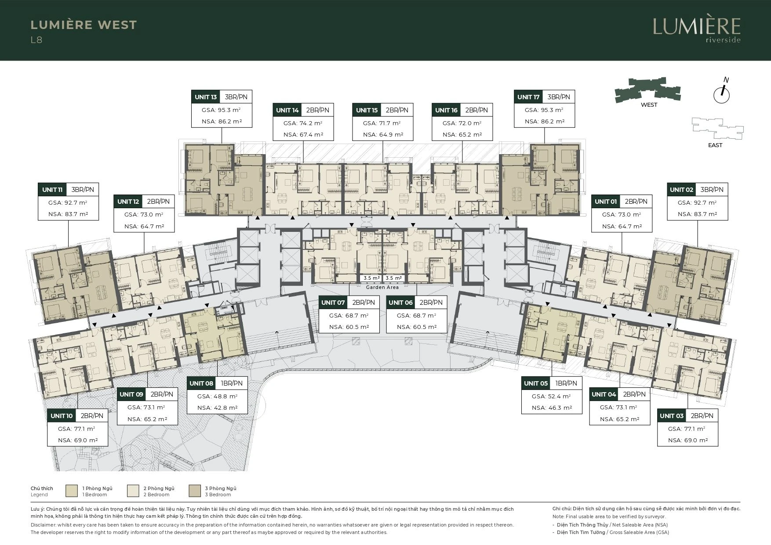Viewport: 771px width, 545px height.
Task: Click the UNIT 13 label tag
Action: [x=206, y=97]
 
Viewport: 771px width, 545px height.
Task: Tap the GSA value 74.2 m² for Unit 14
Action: [x=303, y=123]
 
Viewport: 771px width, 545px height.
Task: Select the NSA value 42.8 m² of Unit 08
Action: [x=218, y=408]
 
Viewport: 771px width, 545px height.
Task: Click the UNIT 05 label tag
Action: [x=536, y=383]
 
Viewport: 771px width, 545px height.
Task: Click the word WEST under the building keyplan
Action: [x=649, y=105]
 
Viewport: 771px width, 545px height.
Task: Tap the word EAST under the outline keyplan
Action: [x=715, y=145]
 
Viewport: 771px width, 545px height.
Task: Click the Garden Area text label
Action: [x=382, y=287]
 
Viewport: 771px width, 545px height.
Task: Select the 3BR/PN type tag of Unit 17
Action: [x=559, y=97]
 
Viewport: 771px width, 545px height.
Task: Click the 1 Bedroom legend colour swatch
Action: [x=72, y=491]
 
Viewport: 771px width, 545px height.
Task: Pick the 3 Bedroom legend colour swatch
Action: [x=195, y=491]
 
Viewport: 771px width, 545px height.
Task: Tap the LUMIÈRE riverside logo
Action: [x=697, y=30]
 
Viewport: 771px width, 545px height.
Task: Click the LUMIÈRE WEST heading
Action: [x=84, y=25]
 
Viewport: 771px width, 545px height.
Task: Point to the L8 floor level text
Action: [x=36, y=40]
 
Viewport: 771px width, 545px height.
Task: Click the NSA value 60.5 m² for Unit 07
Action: [x=349, y=327]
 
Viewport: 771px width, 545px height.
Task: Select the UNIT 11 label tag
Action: [x=52, y=190]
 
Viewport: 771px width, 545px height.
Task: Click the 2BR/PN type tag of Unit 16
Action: [x=477, y=110]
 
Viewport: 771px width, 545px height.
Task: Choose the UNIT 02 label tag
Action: [x=681, y=190]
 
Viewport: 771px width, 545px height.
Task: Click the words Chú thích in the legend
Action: [x=42, y=488]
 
